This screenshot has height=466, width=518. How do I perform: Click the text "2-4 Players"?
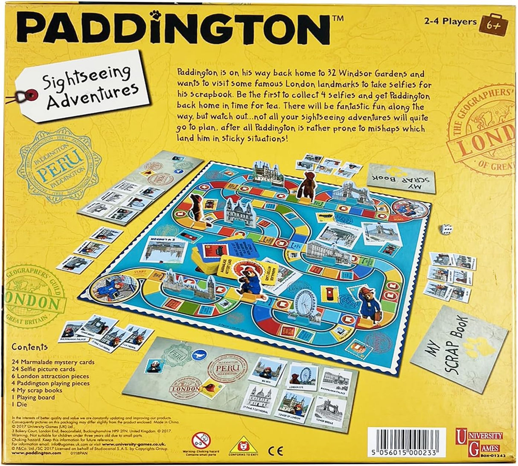[451, 21]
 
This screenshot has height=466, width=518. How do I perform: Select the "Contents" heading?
[30, 347]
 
